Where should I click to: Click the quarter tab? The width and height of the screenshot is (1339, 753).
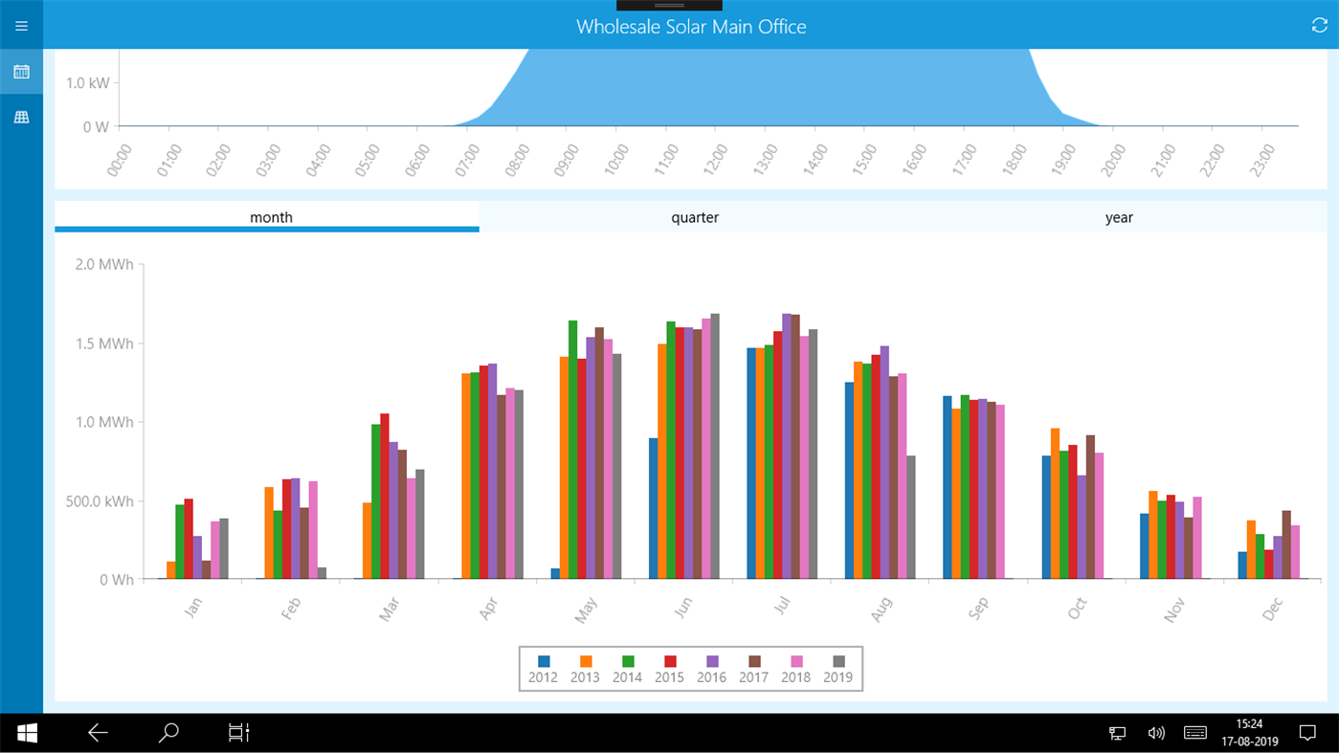pyautogui.click(x=695, y=217)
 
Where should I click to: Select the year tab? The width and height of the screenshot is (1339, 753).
pyautogui.click(x=1119, y=217)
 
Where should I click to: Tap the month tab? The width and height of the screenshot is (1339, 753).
pyautogui.click(x=271, y=217)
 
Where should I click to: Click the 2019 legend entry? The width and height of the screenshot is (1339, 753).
pyautogui.click(x=838, y=669)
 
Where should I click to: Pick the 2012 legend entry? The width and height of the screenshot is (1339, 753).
pyautogui.click(x=543, y=669)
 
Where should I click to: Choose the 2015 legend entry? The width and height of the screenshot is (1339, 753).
pyautogui.click(x=669, y=669)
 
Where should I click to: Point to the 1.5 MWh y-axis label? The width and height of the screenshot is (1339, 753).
pyautogui.click(x=104, y=343)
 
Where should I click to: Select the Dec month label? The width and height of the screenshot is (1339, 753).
pyautogui.click(x=1273, y=609)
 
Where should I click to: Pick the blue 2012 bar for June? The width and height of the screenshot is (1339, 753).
pyautogui.click(x=653, y=508)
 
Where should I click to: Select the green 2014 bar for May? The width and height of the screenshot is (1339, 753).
pyautogui.click(x=572, y=450)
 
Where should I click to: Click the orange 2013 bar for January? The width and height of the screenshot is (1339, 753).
pyautogui.click(x=171, y=570)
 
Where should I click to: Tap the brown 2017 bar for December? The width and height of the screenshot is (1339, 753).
pyautogui.click(x=1286, y=544)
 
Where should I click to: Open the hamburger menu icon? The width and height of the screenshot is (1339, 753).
pyautogui.click(x=21, y=26)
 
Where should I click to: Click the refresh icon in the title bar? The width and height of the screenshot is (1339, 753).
pyautogui.click(x=1319, y=26)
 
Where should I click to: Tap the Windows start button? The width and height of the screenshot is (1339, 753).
pyautogui.click(x=27, y=733)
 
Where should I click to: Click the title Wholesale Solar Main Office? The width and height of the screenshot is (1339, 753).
pyautogui.click(x=691, y=27)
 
